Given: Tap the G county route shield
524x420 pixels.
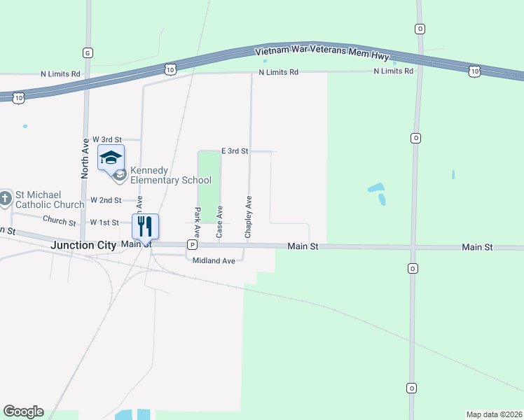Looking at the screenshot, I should point(88,52).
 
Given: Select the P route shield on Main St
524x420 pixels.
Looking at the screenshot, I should point(191,245).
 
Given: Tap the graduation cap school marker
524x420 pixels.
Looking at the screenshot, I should point(111,158).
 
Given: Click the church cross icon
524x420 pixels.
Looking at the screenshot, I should point(5,199).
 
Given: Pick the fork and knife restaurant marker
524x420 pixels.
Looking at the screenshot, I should point(145,226).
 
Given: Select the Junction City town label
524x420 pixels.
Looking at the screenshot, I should point(83,245).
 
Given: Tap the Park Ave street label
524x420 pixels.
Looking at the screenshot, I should point(198,222).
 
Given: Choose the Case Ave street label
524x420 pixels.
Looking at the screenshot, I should point(220,222).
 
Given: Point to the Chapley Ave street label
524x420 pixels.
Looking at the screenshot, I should point(248,217).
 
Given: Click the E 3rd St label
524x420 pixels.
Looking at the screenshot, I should point(235,150).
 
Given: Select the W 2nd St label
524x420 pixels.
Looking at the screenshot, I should point(106,200).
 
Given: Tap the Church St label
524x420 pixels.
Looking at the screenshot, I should point(59,220).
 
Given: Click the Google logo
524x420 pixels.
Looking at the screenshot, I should point(23,412).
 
